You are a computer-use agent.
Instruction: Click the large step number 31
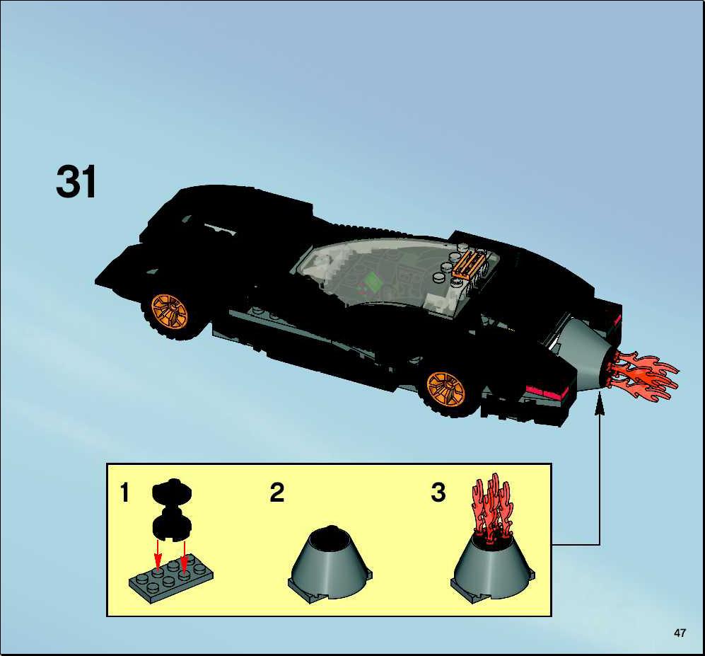tap(76, 181)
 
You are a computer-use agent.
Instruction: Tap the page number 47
tap(680, 633)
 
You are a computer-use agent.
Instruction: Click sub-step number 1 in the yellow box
tap(124, 493)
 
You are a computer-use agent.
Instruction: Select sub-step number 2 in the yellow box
tap(277, 493)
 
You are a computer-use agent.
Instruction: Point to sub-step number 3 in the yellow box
tap(438, 493)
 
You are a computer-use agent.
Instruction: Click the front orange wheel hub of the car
tap(169, 311)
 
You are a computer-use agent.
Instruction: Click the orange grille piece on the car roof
tap(470, 265)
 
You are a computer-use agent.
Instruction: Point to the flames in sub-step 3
tap(493, 507)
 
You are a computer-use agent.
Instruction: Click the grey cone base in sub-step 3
tap(493, 569)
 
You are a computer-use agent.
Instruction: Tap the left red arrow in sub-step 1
tap(158, 554)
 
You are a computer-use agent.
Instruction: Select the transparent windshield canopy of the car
tap(396, 270)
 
